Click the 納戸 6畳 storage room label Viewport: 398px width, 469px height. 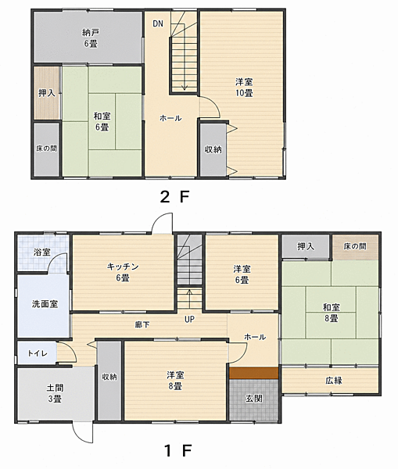(x=90, y=38)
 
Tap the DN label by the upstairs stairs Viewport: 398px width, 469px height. (x=158, y=23)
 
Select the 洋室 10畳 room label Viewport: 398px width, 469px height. (x=244, y=88)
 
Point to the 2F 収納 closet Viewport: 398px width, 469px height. (x=213, y=149)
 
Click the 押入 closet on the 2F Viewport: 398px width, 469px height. (x=46, y=93)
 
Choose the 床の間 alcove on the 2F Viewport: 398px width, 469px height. (x=46, y=149)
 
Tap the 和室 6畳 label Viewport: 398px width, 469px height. (x=102, y=121)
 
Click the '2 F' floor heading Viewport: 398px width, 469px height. (x=174, y=197)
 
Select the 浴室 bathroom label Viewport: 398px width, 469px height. (x=42, y=252)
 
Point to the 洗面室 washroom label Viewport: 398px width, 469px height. (x=45, y=304)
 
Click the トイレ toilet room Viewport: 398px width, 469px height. (x=37, y=353)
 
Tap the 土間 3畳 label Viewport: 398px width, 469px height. (x=55, y=393)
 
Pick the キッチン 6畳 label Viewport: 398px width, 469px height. (x=123, y=272)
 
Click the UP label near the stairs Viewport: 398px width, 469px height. (x=189, y=320)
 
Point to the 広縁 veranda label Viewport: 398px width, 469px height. (x=334, y=381)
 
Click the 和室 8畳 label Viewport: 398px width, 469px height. (x=332, y=313)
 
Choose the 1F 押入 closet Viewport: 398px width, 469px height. (x=306, y=246)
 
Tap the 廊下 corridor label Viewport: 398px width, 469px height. (x=142, y=324)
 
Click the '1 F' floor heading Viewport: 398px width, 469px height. (x=177, y=451)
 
